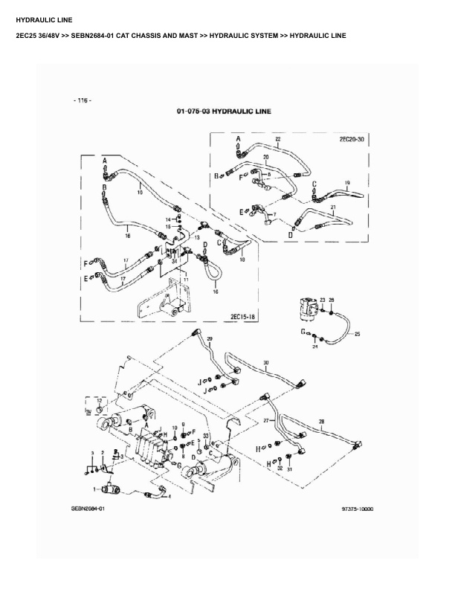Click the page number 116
83,100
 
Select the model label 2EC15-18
243,317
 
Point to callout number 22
278,140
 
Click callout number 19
346,182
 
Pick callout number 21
334,207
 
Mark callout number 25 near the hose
357,335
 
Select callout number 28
321,422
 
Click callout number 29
210,339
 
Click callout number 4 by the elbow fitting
170,496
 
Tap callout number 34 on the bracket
174,261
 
